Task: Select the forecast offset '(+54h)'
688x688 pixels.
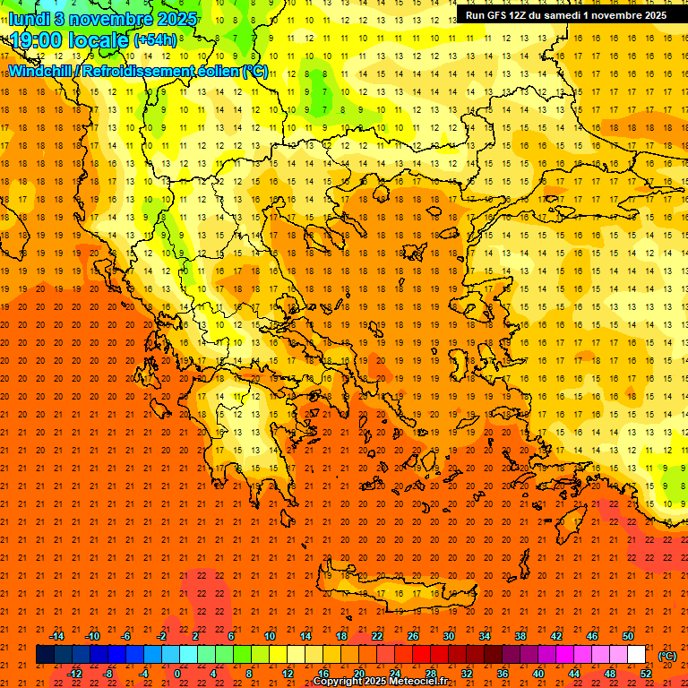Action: click(154, 40)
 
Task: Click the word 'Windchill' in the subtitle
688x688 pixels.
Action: click(40, 70)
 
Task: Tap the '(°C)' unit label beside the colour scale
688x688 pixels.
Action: click(667, 656)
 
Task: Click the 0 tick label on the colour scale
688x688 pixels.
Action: click(177, 674)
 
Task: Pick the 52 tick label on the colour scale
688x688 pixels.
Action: click(646, 674)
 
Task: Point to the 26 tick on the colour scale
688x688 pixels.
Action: click(412, 636)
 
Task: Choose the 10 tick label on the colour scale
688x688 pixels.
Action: click(269, 636)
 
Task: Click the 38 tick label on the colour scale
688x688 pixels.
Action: click(520, 636)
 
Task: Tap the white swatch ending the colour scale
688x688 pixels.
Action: click(636, 655)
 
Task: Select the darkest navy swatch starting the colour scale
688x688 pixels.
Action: click(45, 655)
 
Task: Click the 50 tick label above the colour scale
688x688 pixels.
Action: click(628, 636)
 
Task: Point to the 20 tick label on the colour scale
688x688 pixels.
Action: click(358, 674)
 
